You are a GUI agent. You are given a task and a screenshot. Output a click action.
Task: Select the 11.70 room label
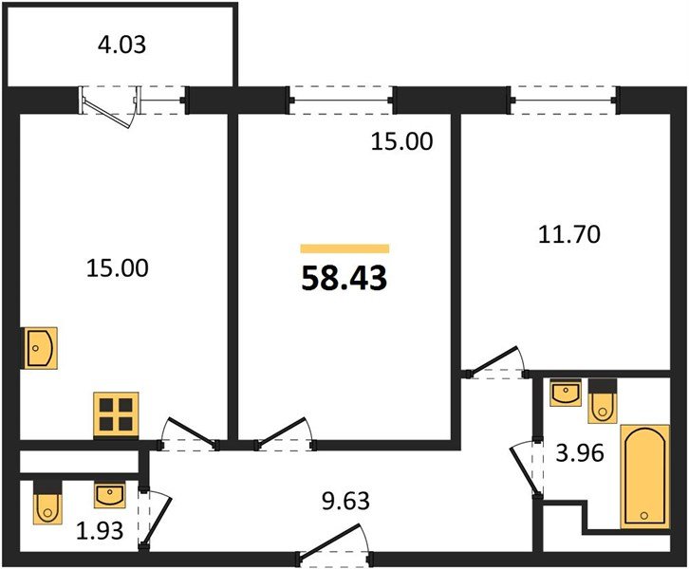point(568,233)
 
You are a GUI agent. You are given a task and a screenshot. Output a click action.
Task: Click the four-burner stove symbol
point(116,414)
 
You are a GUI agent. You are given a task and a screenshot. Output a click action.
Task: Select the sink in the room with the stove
point(41,347)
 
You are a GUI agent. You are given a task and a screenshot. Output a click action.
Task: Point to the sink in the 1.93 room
point(109,496)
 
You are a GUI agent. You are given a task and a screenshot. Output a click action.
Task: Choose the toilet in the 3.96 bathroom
point(603,401)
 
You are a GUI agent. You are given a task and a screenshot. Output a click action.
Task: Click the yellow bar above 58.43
point(344,248)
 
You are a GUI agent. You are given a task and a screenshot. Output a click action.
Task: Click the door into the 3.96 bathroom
point(524,468)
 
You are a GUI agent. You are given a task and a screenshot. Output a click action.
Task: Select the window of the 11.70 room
point(566,98)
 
